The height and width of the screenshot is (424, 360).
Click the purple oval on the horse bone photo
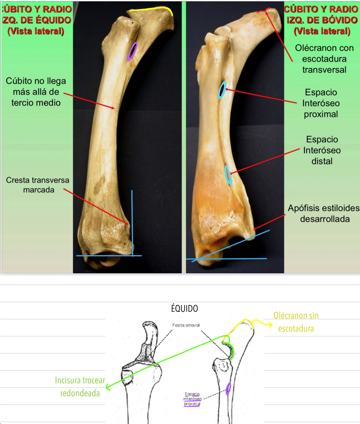coord(132,51)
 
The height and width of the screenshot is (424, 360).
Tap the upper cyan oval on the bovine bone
coord(222,90)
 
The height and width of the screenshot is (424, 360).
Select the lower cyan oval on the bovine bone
coord(228,175)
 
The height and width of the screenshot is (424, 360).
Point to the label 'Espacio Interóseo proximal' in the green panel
coord(321,103)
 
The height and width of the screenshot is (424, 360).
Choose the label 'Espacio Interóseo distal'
coord(322,150)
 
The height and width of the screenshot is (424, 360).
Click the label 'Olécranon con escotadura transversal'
coord(324,59)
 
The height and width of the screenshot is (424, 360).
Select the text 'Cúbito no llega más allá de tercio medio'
coord(36,92)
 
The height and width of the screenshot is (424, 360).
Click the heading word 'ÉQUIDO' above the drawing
coord(185,308)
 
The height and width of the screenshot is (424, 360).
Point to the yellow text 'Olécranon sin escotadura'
coord(296,322)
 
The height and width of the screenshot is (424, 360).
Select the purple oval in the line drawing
coord(228,389)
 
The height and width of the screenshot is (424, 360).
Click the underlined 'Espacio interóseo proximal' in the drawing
coord(192,399)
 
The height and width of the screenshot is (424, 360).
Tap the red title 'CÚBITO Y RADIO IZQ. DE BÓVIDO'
coord(321,14)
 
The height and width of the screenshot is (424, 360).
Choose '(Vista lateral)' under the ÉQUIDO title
coord(36,31)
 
